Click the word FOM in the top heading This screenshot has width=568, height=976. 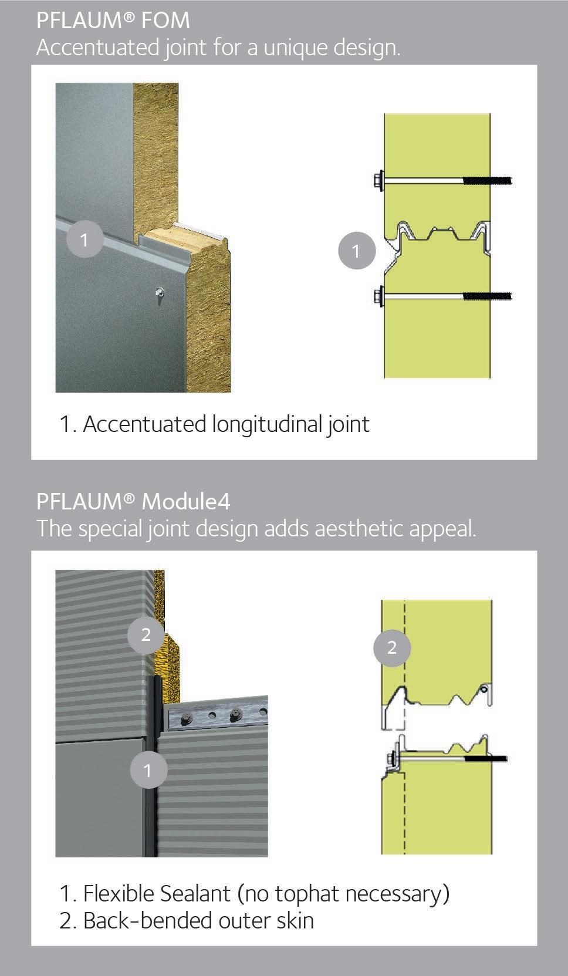pos(165,21)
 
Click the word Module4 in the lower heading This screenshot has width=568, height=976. pos(186,502)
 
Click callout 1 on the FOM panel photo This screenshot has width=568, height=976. pos(84,239)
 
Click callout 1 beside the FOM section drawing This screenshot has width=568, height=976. pos(357,251)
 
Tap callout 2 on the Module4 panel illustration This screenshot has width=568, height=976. pos(146,635)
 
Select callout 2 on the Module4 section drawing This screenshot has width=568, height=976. pos(392,648)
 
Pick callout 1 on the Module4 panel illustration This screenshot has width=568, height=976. pos(148,771)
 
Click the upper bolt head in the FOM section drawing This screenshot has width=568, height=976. pos(378,180)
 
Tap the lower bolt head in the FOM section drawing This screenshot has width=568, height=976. pos(378,296)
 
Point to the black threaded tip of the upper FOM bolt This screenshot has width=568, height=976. pos(488,180)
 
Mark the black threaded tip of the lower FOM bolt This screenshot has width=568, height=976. pos(488,296)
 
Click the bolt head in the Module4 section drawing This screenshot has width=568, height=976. pos(391,759)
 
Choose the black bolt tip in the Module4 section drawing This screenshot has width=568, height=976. pos(486,759)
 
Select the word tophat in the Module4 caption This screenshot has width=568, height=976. pos(307,894)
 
